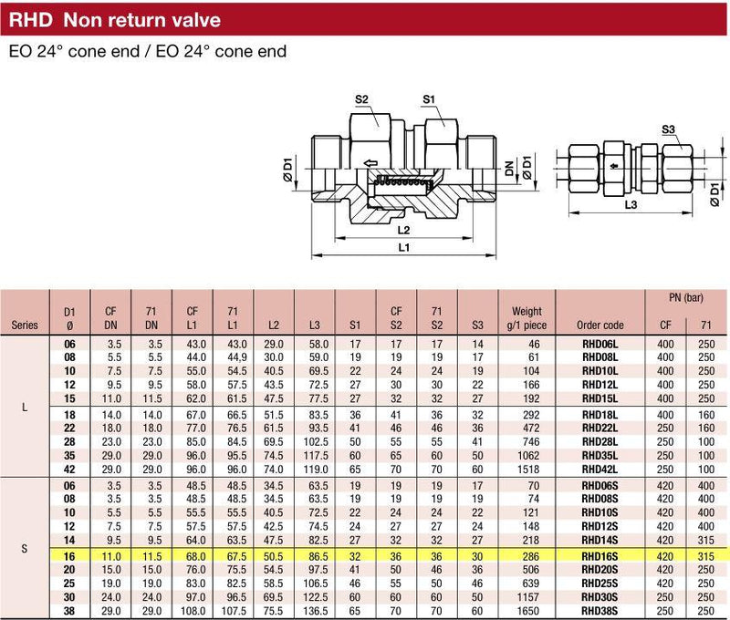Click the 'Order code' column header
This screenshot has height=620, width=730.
click(600, 324)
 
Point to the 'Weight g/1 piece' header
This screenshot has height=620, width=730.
click(527, 318)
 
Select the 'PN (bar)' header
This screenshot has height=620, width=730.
click(686, 298)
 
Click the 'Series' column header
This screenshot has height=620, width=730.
click(24, 324)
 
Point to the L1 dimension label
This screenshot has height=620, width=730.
click(403, 247)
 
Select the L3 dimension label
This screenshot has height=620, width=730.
click(630, 207)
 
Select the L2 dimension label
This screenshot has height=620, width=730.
click(403, 231)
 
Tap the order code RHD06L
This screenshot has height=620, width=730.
click(600, 345)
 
